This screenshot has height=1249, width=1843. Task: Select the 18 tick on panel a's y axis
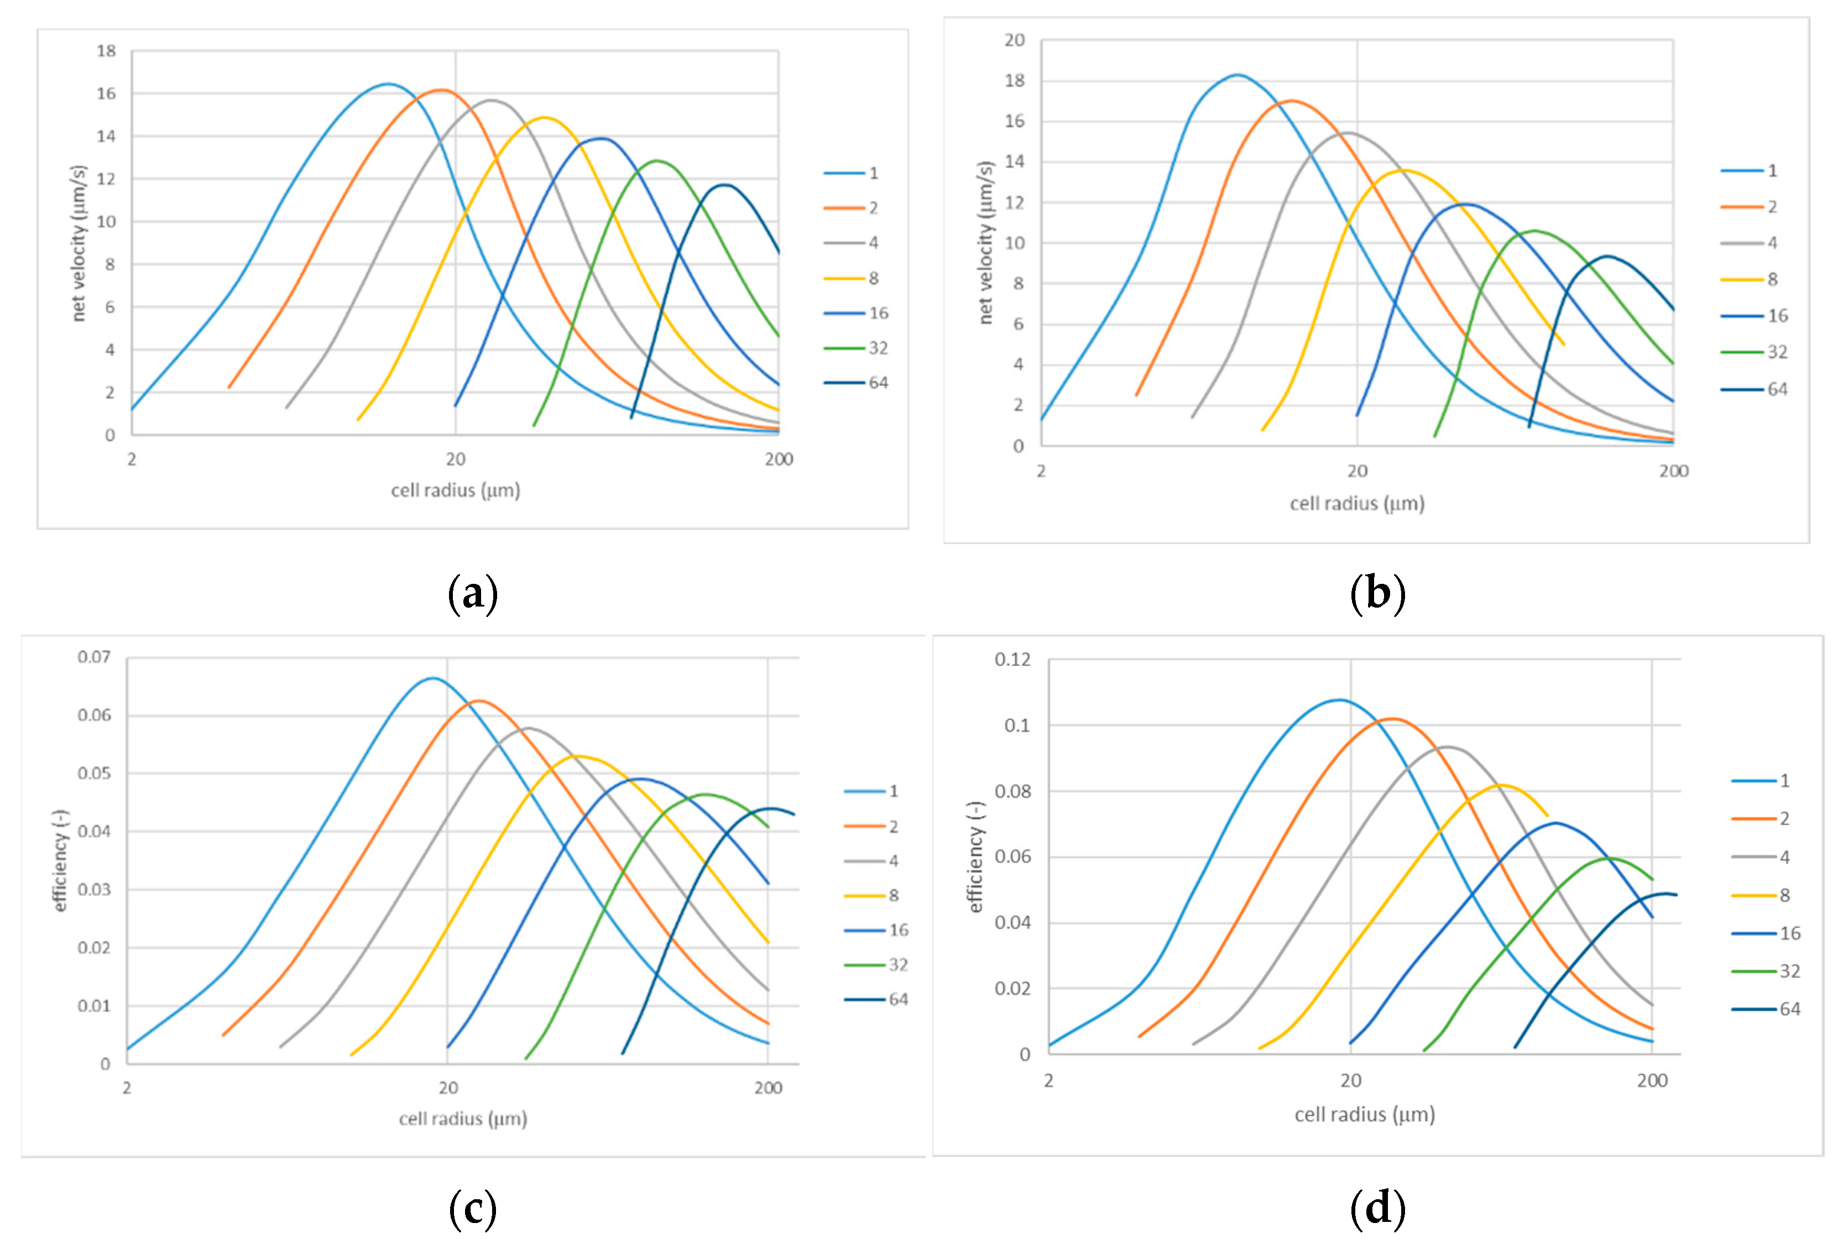106,51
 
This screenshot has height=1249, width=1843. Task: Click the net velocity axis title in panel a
78,243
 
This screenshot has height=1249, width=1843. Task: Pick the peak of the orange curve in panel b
1292,101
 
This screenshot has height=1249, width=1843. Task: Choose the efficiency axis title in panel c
60,860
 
